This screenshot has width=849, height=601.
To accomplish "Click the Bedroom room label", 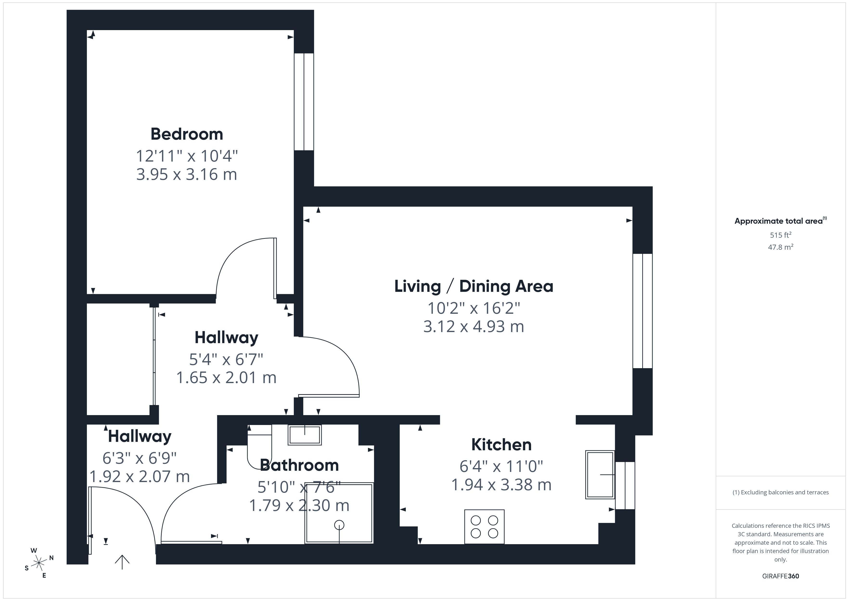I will tap(187, 134).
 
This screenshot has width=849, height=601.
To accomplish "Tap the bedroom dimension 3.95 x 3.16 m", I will tap(187, 174).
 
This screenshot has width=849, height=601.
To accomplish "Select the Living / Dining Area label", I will tap(474, 286).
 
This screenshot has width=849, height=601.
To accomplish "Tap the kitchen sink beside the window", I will tap(599, 474).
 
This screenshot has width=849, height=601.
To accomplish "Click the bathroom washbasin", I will tap(305, 434).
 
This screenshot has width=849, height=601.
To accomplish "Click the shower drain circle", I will tap(339, 525).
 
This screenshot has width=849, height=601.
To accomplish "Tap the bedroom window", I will tap(304, 102).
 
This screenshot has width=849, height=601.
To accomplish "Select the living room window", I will tap(642, 311).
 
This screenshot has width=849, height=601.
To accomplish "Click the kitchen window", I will tap(625, 485).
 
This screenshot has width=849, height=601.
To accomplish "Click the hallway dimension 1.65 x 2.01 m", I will tap(226, 378).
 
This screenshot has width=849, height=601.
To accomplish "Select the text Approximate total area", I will tap(778, 221).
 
